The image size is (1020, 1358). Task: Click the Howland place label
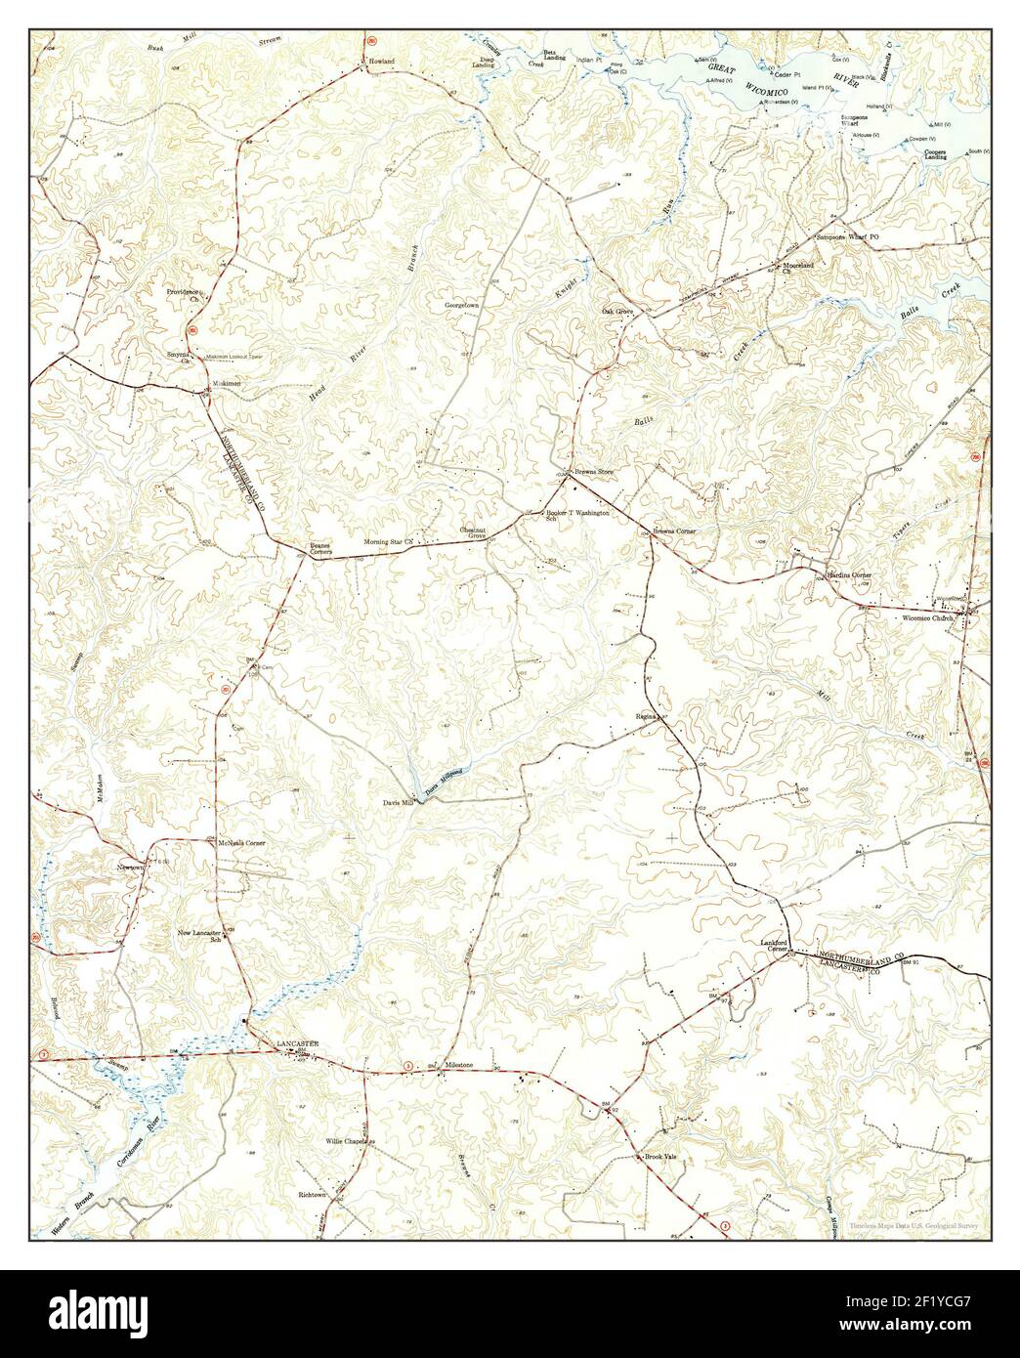pyautogui.click(x=381, y=62)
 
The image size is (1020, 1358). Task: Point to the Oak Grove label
pyautogui.click(x=617, y=311)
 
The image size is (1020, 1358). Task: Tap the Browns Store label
pyautogui.click(x=591, y=471)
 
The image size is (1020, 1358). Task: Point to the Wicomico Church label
pyautogui.click(x=927, y=617)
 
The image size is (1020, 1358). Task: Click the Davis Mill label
pyautogui.click(x=399, y=802)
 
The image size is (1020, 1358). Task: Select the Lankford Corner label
pyautogui.click(x=775, y=946)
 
